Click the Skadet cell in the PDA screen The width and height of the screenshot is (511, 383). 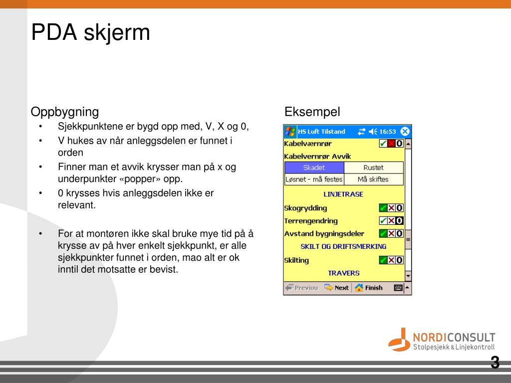(x=314, y=168)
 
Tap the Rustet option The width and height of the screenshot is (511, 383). (x=373, y=168)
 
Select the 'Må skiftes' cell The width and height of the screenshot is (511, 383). (x=373, y=179)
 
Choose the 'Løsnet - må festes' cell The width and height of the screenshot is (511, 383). (x=314, y=179)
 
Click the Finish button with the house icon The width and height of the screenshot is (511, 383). (x=369, y=288)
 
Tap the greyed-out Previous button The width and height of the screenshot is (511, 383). (x=302, y=288)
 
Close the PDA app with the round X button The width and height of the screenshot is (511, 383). (x=405, y=132)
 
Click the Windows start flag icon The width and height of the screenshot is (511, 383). (x=290, y=132)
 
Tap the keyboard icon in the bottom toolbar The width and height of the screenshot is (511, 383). (x=398, y=288)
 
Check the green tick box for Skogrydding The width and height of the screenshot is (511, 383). (x=383, y=208)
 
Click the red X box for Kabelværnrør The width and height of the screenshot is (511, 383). (x=391, y=144)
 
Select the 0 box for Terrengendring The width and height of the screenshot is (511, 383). (x=399, y=221)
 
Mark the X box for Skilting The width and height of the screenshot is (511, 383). (x=391, y=260)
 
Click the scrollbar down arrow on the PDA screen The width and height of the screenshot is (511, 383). (x=408, y=276)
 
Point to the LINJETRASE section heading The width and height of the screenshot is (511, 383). (x=343, y=194)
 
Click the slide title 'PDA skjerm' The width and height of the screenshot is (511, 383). (x=90, y=33)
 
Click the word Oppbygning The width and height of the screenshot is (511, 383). (x=65, y=111)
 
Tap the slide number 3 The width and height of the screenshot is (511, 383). (x=495, y=363)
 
